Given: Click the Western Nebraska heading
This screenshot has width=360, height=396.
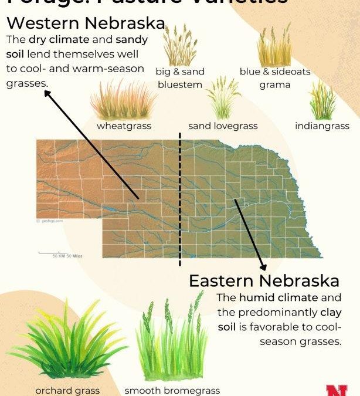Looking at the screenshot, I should tap(86, 25).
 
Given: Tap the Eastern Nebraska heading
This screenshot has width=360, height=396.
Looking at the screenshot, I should tap(264, 280).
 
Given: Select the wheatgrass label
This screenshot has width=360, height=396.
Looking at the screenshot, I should tap(124, 126).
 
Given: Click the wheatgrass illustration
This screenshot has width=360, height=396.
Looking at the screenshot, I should tap(123, 100).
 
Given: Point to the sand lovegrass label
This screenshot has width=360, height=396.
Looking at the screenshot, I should tap(223, 126).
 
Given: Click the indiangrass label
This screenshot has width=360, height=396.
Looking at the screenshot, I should tap(322, 126).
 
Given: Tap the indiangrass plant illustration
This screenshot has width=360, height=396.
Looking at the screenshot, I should tap(322, 101).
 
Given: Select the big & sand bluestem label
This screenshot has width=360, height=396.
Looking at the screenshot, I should tap(180, 78).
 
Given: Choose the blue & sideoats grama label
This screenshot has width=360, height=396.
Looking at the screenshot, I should tap(274, 78).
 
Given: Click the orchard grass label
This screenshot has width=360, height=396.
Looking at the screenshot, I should tap(67, 390).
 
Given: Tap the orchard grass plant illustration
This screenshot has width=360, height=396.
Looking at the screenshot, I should tap(67, 346).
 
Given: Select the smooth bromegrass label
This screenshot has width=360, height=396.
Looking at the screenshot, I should tap(172, 390).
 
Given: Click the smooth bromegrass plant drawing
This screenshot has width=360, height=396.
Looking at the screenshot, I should tap(172, 340).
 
